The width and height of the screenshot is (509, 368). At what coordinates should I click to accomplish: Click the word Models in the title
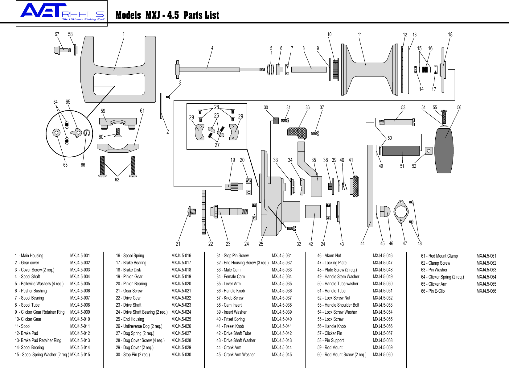click(128, 15)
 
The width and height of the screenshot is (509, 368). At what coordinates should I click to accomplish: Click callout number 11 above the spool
click(360, 35)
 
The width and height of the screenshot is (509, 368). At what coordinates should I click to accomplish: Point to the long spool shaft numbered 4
click(216, 69)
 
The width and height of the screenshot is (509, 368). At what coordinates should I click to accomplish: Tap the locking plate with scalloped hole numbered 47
click(401, 211)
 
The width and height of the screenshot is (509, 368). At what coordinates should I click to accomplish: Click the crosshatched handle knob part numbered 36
click(297, 133)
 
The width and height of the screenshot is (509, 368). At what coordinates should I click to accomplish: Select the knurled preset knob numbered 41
click(355, 186)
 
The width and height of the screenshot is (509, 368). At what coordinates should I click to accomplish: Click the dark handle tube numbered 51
click(401, 151)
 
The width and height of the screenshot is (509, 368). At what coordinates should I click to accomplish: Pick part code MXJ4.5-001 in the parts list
click(80, 255)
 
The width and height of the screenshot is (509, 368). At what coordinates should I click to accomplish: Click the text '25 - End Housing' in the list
click(130, 319)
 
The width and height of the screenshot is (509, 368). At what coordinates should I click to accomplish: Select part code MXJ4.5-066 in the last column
click(486, 291)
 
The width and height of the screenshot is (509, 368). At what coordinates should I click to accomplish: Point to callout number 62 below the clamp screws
click(117, 180)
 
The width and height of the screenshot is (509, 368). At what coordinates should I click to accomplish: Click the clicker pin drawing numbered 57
click(62, 50)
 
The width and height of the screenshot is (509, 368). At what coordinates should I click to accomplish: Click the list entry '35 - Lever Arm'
click(228, 283)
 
